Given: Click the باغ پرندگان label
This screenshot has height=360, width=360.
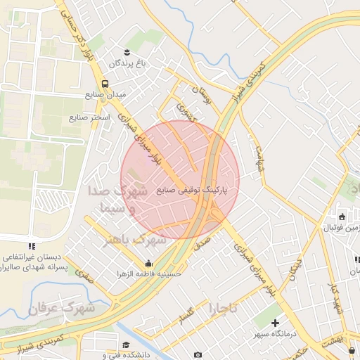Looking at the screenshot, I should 130,63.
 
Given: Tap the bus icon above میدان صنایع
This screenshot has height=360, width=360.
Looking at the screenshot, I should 105,83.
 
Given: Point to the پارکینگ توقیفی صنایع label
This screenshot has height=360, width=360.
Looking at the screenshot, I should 198,190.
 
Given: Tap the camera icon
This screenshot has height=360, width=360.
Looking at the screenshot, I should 198,354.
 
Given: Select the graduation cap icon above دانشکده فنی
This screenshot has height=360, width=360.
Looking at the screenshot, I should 126,345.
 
